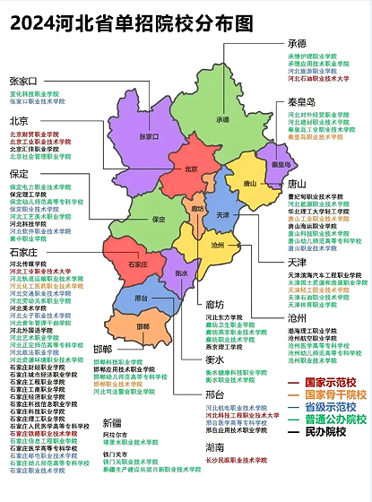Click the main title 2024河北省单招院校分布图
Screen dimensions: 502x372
pos(131,21)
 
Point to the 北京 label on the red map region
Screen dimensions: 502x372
pos(190,169)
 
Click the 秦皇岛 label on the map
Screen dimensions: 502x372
pos(281,164)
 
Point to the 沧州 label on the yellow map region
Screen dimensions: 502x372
pos(217,243)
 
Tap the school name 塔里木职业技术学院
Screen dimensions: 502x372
pos(130,442)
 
